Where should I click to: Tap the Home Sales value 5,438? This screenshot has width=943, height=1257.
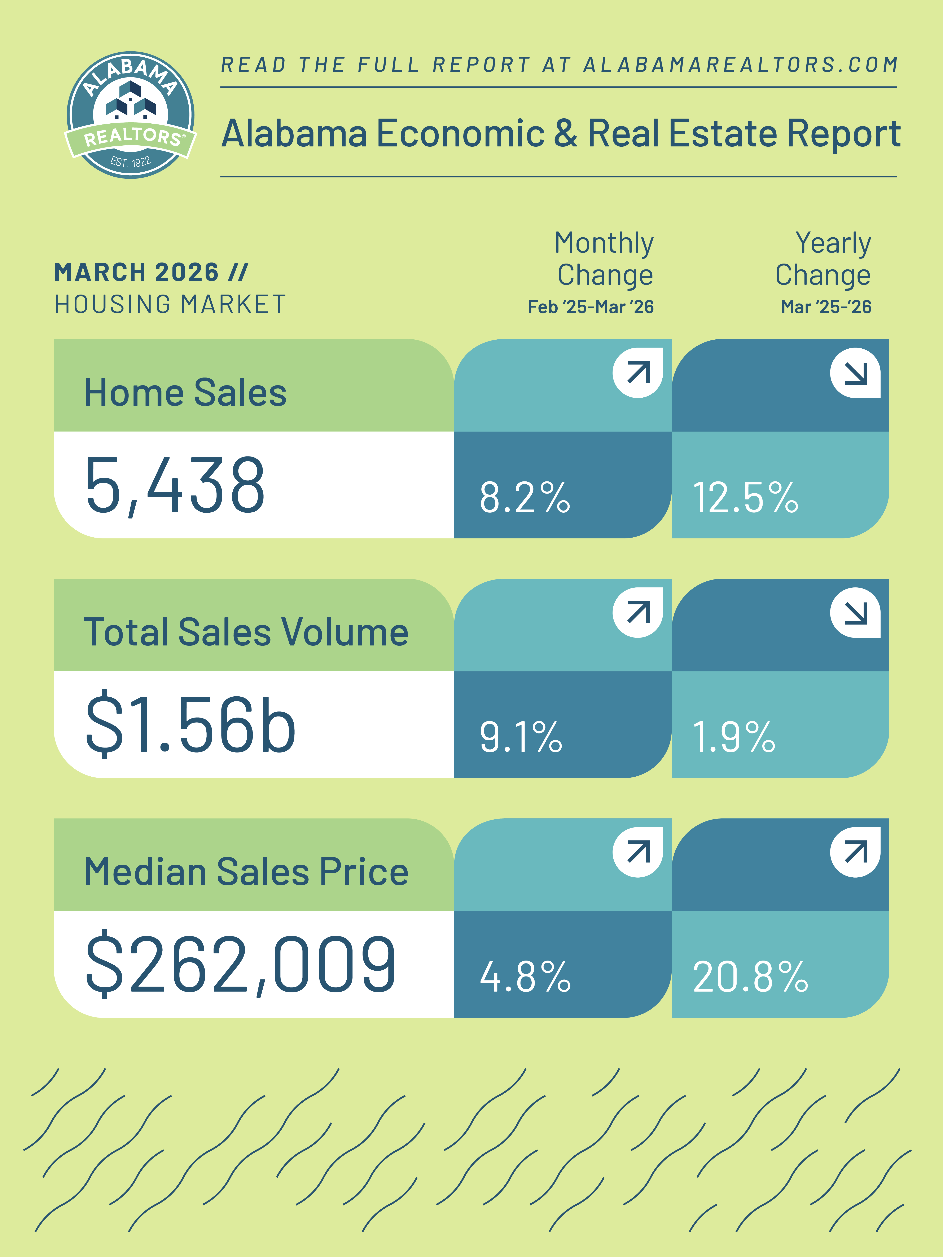click(175, 486)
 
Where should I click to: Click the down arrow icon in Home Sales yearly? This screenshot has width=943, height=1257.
click(855, 373)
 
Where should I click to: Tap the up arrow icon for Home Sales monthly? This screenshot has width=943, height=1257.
click(638, 373)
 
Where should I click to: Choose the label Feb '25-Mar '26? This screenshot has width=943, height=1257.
click(591, 307)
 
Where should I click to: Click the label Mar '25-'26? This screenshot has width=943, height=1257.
click(826, 307)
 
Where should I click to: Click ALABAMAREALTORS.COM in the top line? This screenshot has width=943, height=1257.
click(741, 65)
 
